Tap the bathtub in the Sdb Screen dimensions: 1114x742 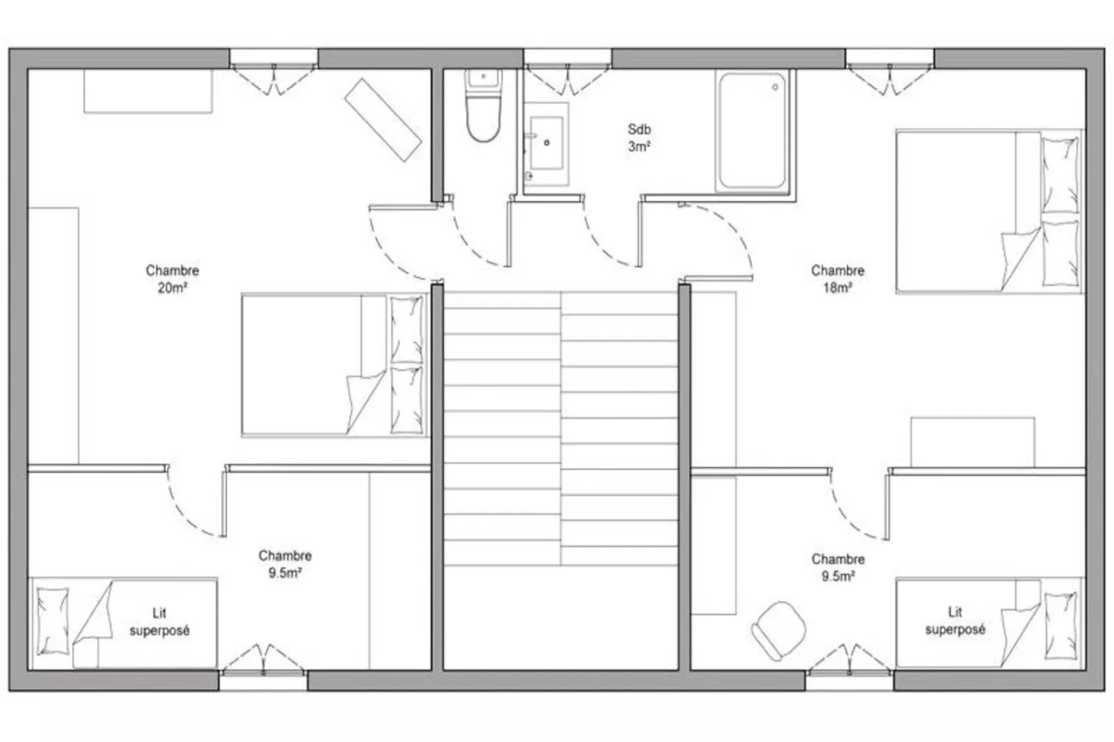point(753,131)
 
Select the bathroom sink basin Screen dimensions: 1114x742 point(547,143)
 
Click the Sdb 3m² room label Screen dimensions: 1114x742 point(639,138)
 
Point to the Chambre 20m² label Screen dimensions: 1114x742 point(172,279)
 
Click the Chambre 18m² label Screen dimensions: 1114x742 point(837,279)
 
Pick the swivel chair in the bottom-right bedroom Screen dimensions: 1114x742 point(778,630)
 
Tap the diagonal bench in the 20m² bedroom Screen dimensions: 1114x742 point(383,120)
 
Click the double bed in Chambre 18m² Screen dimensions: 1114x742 point(989,212)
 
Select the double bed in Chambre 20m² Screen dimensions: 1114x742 point(335,365)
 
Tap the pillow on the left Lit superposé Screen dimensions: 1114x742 point(53,621)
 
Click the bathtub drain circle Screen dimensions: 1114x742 point(775,87)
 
